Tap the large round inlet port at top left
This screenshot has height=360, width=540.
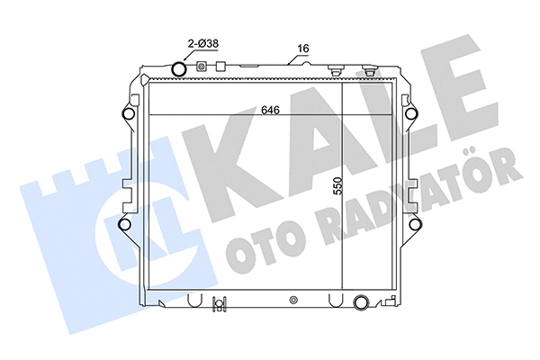point(179,69)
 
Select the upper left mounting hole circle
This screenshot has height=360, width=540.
point(126,115)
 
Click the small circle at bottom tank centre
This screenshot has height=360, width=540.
point(293,300)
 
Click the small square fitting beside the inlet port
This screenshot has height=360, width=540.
point(201,66)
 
